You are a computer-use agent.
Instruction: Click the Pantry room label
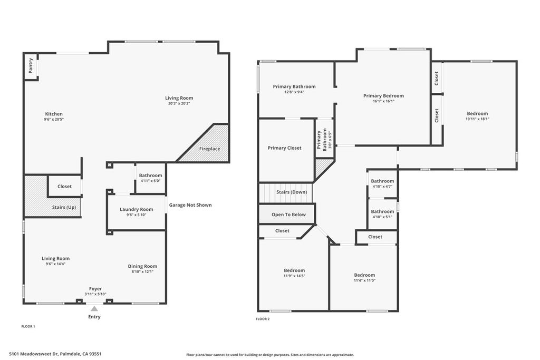pos(31,65)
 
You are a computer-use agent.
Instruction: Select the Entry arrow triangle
pos(94,309)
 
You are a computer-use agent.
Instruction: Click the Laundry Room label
pos(136,209)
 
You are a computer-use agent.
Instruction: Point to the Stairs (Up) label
pos(63,207)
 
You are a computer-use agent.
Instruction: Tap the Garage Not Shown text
pos(190,205)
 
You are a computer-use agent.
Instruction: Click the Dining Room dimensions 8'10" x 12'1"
pos(142,271)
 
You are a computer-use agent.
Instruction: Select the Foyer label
pos(95,288)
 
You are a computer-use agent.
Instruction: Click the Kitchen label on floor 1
pos(54,114)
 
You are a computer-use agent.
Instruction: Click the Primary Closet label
pos(284,148)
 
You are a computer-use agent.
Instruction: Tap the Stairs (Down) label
pos(291,192)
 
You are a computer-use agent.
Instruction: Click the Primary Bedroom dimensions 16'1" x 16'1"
pos(383,101)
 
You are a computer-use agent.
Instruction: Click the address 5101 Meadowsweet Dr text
pos(55,354)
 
